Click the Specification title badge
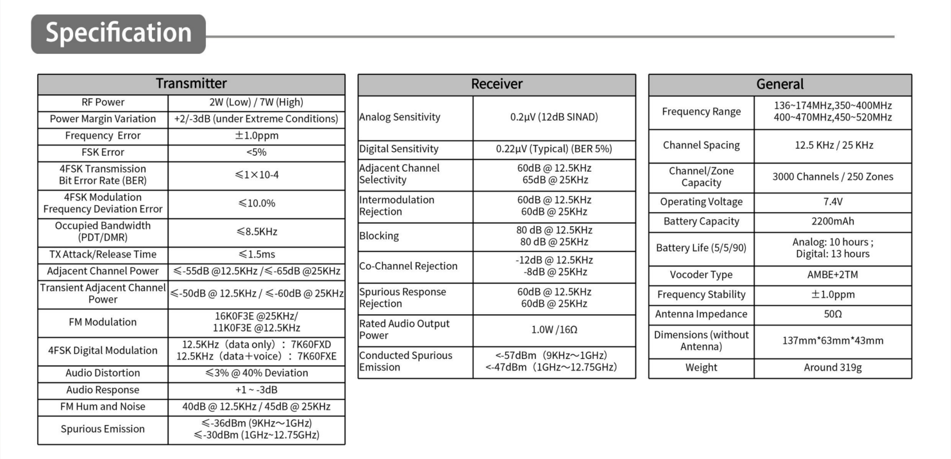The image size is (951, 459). point(119,33)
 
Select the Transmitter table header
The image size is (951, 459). point(191,84)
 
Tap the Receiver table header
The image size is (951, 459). point(496,84)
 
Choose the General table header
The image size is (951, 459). point(780,85)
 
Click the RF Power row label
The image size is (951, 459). point(103,103)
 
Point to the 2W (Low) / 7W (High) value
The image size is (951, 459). point(256,103)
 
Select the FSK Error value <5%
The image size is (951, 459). point(256,153)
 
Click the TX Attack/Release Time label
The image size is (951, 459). point(103,255)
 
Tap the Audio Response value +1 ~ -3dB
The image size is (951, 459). point(256,390)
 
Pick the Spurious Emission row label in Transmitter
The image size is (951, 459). point(103,430)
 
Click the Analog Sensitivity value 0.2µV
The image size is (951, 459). point(554,117)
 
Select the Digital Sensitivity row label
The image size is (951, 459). point(399,149)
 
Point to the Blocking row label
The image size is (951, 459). point(379,236)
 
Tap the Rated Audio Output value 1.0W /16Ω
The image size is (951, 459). point(554,330)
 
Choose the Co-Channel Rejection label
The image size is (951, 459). point(408,267)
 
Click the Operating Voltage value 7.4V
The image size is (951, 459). point(832,202)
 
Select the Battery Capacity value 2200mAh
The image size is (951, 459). point(832,222)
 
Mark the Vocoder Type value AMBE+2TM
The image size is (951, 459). point(832,275)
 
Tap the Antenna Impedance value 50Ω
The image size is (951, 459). point(832,315)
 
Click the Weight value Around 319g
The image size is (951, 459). point(832,368)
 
